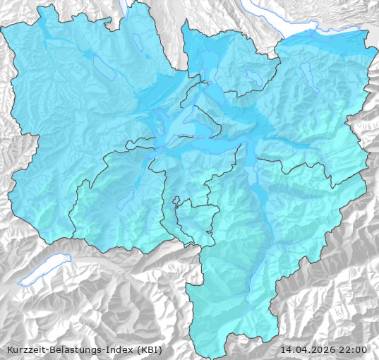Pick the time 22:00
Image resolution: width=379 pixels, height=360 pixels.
click(x=353, y=349)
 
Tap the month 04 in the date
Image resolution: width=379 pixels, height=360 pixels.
click(x=302, y=349)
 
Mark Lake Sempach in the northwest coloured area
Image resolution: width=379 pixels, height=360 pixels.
click(x=103, y=68)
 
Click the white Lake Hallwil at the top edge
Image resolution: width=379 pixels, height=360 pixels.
click(x=125, y=8)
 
